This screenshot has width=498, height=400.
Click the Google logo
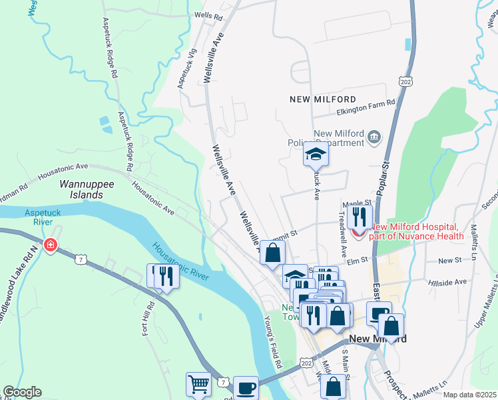(x=22, y=392)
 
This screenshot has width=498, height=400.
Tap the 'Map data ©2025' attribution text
(x=469, y=395)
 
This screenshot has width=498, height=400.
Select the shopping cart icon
(x=198, y=385)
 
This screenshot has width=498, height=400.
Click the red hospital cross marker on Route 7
(x=50, y=245)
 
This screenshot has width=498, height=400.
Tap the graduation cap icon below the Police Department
(x=316, y=156)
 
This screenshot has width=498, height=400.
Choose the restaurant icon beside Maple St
(x=359, y=217)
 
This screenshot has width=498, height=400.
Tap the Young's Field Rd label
(x=274, y=343)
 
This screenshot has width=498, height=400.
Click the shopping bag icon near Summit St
(x=272, y=253)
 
